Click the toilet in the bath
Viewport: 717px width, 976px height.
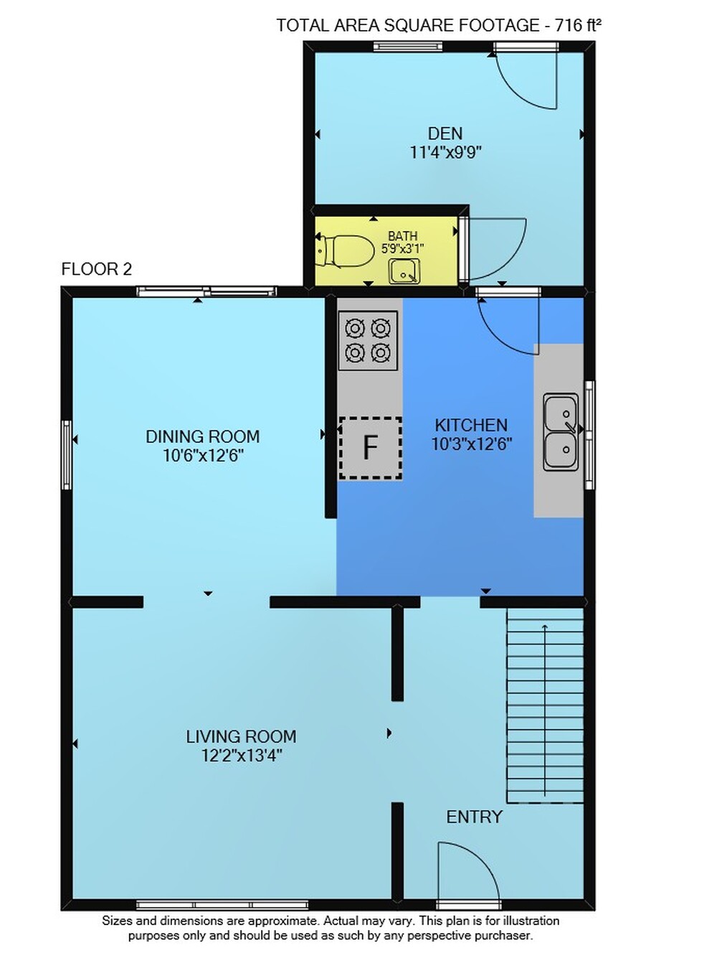346,251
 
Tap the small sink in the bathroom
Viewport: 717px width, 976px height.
404,271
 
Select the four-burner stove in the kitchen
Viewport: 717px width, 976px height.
368,340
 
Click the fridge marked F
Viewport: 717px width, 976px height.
370,448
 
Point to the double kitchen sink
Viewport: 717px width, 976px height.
561,431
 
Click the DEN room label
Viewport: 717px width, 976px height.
445,133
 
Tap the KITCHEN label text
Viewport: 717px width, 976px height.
471,425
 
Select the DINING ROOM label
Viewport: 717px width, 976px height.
202,436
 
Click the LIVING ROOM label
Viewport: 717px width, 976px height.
241,736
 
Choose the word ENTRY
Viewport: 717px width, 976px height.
474,817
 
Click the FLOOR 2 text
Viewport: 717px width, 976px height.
96,269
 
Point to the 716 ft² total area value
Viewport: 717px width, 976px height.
578,25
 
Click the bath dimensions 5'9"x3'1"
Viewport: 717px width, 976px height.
403,249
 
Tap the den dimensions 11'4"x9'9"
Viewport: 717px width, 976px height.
446,152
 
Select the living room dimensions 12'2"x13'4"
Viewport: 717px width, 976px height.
242,755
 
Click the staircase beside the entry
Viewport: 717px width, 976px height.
545,706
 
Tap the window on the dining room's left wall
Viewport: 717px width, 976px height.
67,454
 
